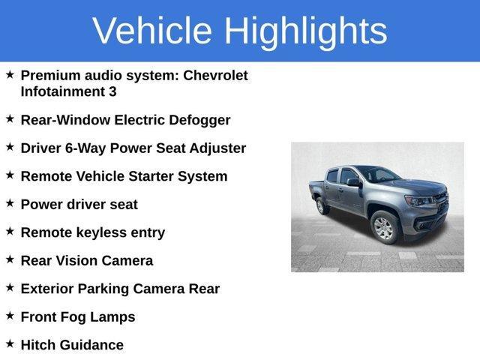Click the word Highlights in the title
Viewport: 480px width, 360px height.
[305, 31]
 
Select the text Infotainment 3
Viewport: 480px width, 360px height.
[68, 92]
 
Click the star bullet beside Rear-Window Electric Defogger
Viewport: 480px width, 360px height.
[10, 118]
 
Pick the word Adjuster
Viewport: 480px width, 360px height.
[215, 148]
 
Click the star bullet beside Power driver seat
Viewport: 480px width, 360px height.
[10, 202]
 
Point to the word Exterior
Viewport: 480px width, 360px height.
[49, 289]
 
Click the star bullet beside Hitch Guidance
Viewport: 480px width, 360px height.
[10, 343]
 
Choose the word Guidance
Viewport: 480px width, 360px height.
[94, 345]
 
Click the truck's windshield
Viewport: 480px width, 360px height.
[378, 175]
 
